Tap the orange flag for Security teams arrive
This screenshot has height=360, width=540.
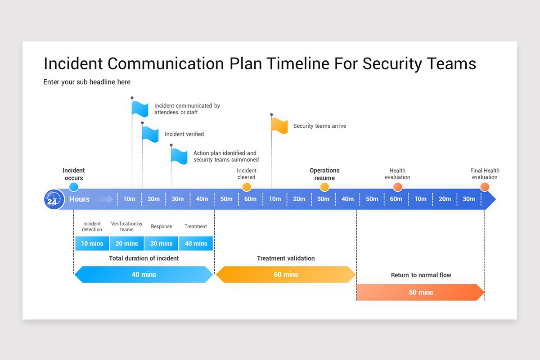click(x=279, y=126)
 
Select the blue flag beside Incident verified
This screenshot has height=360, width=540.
click(x=150, y=134)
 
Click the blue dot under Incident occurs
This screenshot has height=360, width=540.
click(x=74, y=187)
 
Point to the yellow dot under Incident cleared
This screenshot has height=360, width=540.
click(x=247, y=187)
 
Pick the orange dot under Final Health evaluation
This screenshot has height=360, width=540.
click(x=485, y=187)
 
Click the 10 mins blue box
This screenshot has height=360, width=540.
click(x=92, y=243)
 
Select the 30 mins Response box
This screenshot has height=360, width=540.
click(x=162, y=243)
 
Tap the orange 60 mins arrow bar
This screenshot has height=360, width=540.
click(x=286, y=274)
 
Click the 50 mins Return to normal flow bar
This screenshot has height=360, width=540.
click(x=420, y=292)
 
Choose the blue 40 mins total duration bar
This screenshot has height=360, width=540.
click(x=144, y=274)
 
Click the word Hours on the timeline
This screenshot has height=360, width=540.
click(x=79, y=199)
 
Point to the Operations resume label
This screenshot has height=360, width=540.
click(x=324, y=174)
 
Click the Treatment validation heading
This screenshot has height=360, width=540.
click(x=286, y=258)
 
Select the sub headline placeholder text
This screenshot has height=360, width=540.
click(x=87, y=82)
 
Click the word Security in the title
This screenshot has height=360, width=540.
click(x=392, y=63)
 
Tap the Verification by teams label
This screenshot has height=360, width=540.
click(x=127, y=226)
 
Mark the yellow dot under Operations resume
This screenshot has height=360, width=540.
click(x=324, y=187)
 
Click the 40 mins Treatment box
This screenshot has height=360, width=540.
click(x=196, y=243)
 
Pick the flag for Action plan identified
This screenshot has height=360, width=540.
click(x=179, y=156)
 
